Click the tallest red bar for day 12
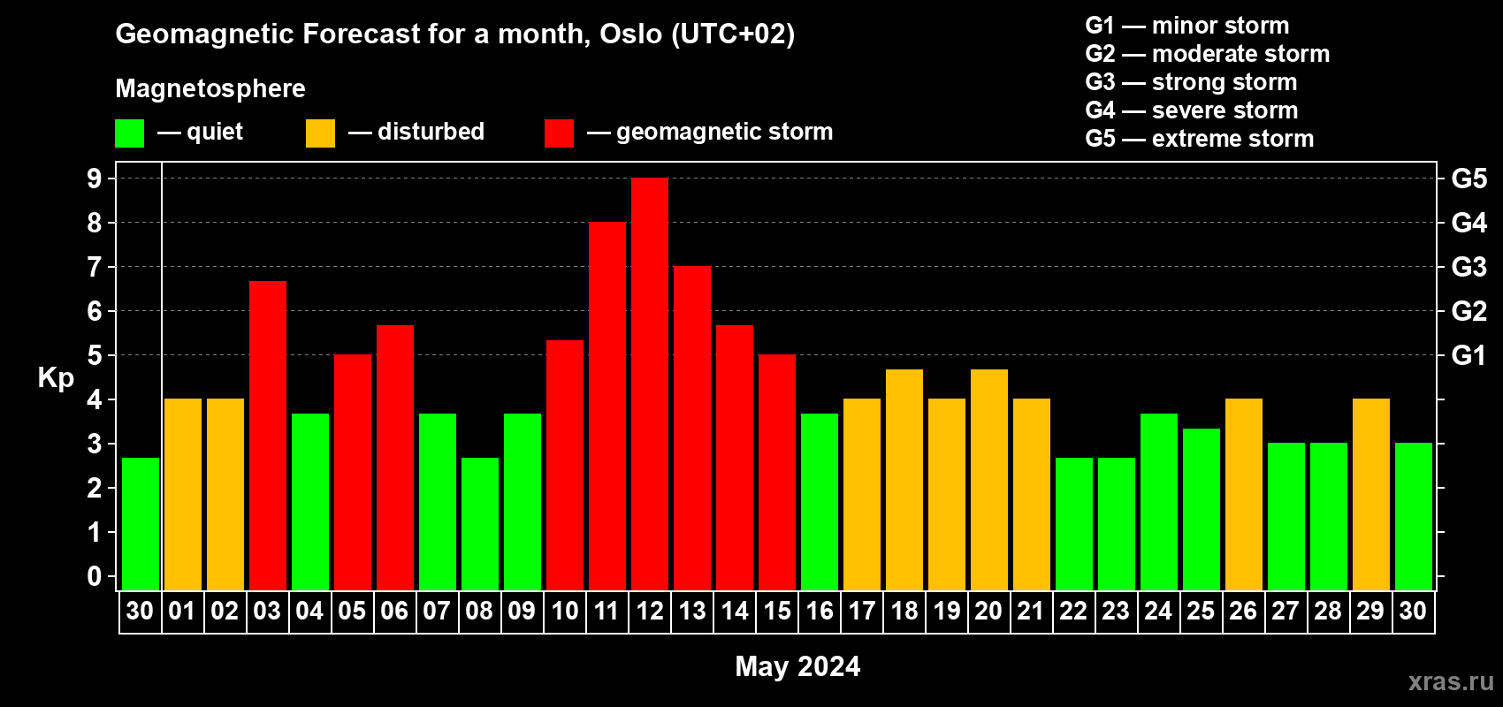click(650, 384)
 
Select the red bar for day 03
click(268, 436)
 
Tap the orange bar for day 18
click(904, 480)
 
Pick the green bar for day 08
click(480, 524)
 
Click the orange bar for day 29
click(1370, 494)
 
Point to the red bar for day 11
click(607, 406)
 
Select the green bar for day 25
click(1201, 509)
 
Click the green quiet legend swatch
click(129, 133)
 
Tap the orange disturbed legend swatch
click(320, 133)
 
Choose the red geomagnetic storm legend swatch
click(559, 133)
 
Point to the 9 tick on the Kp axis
click(95, 179)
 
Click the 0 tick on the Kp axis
click(95, 576)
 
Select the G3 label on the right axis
click(1469, 267)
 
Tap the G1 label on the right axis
click(1469, 355)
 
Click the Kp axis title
click(56, 378)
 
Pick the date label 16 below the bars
click(820, 611)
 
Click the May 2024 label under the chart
click(797, 666)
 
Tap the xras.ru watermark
click(1451, 681)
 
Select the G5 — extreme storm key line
click(1200, 139)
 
